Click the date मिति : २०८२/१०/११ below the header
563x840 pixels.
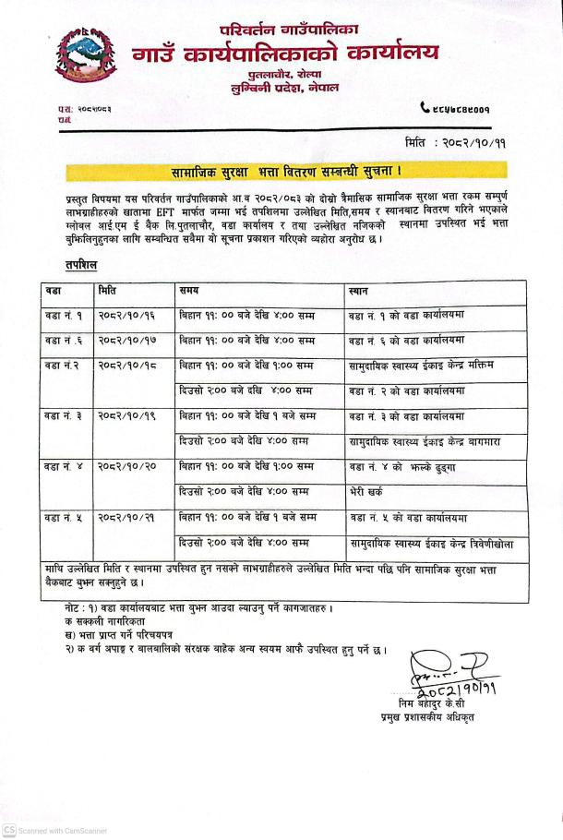[x=455, y=144]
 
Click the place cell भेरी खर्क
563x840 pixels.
[x=369, y=492]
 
